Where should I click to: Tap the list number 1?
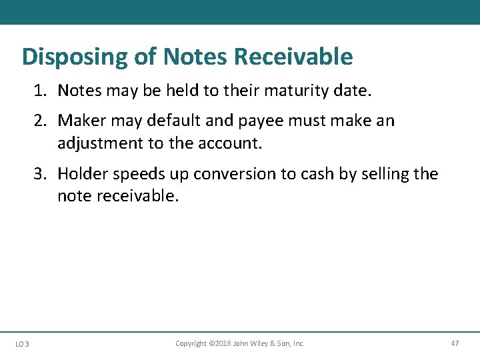point(40,90)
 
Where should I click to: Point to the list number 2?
point(40,121)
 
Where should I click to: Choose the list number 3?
point(40,174)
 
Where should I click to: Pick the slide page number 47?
point(455,343)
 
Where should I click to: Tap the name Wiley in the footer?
point(263,343)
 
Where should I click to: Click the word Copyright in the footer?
point(191,343)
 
